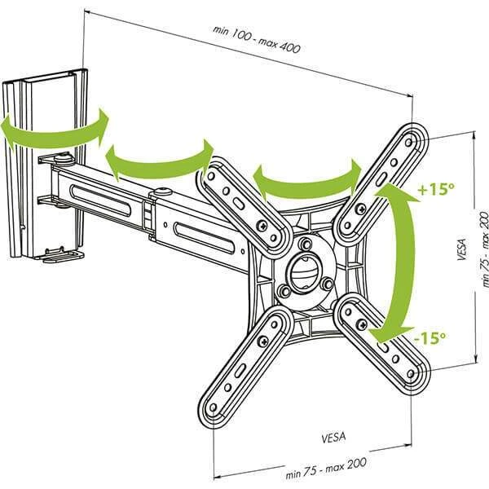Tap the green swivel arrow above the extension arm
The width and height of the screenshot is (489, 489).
(159, 159)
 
